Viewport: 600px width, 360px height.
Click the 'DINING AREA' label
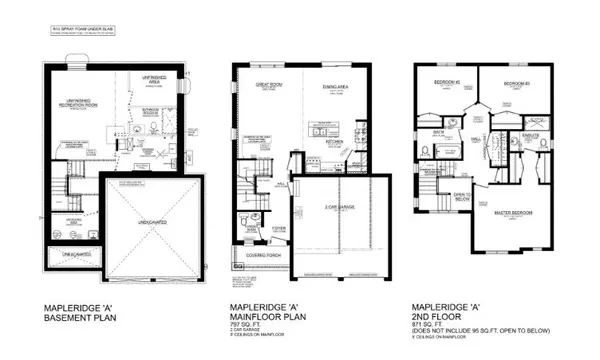[x=334, y=88]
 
